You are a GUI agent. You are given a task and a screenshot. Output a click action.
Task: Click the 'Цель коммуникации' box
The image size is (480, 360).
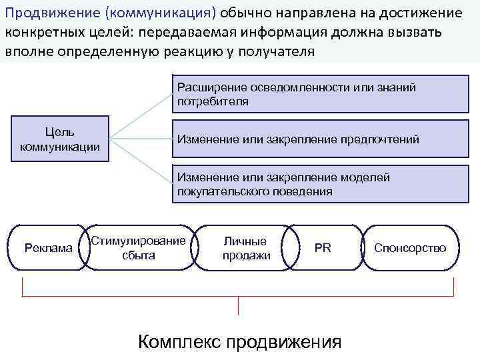(x=59, y=139)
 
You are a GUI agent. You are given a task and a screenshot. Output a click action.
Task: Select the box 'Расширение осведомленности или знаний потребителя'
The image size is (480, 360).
(x=311, y=95)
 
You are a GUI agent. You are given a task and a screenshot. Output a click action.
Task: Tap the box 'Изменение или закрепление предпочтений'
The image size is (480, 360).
(x=311, y=139)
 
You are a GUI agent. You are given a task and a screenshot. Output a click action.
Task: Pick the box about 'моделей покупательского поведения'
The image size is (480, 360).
(x=311, y=185)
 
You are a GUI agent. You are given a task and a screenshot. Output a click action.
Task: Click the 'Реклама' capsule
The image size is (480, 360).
(x=48, y=248)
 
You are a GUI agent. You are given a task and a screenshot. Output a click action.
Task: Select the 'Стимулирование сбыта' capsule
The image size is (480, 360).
(x=139, y=248)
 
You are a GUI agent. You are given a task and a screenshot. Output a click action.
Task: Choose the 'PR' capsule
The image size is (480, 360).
(x=323, y=248)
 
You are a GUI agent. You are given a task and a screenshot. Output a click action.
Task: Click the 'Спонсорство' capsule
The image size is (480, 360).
(x=410, y=248)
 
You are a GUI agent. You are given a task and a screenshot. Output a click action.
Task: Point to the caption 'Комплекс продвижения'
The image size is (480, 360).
(x=239, y=342)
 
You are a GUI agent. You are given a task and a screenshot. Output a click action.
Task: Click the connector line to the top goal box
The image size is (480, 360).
(x=141, y=117)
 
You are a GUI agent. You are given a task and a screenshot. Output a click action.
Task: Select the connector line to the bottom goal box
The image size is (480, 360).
(x=141, y=162)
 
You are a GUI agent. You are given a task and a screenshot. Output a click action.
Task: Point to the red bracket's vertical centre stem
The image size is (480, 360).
(x=239, y=306)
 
